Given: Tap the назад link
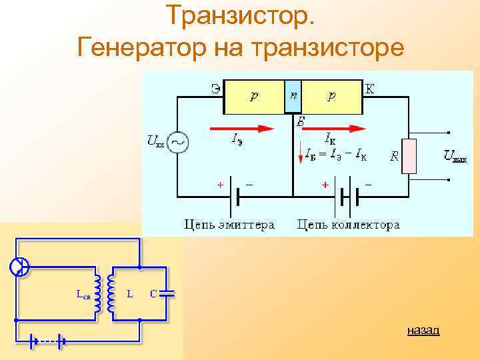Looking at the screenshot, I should [423, 330].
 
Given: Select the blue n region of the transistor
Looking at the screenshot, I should [293, 97].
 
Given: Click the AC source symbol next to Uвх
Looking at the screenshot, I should [177, 141].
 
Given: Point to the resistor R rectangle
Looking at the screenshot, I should [409, 157].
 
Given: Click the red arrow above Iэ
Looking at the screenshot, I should [242, 128].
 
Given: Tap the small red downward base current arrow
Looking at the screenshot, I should [300, 155].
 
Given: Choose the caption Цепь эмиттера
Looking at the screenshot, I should [229, 225].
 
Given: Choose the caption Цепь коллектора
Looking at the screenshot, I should [348, 225].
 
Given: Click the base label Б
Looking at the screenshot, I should [301, 122].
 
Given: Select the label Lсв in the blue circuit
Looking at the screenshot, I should [83, 293].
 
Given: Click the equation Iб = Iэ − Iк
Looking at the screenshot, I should [335, 155].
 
